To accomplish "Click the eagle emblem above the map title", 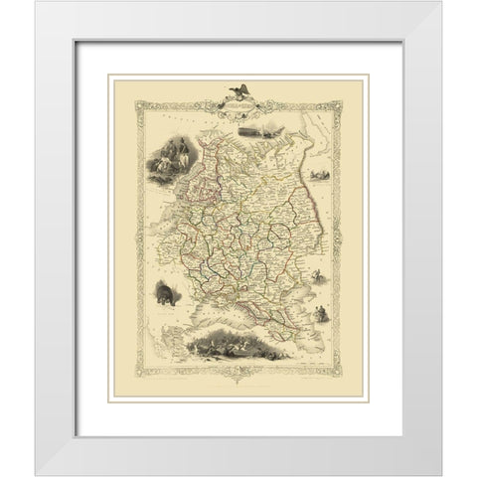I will point(239,90).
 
